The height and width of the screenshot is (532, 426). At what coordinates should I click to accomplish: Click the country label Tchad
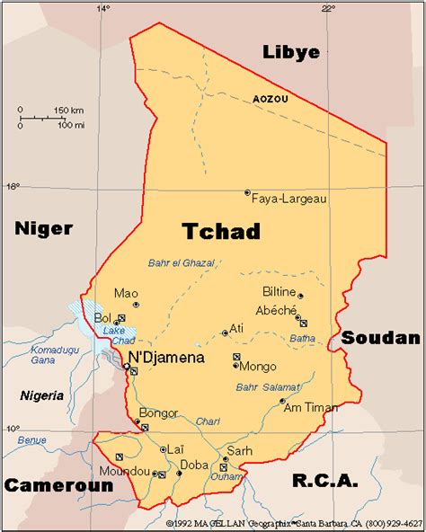click(x=221, y=231)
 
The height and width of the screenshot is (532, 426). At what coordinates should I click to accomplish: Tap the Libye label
click(x=290, y=52)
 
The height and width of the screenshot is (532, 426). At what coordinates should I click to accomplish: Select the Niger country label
click(x=43, y=228)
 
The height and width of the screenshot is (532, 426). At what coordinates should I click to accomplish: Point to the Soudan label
click(x=379, y=338)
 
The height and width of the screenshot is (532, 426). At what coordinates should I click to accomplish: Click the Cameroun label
click(x=58, y=485)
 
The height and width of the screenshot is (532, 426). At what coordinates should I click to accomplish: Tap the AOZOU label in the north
click(x=271, y=99)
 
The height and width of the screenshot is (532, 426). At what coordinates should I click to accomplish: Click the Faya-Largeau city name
click(x=288, y=198)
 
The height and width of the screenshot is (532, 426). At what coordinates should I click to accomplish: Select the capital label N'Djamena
click(x=166, y=358)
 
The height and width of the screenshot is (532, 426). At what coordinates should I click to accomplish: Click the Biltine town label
click(x=278, y=291)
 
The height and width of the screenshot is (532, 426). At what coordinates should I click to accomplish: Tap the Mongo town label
click(x=258, y=367)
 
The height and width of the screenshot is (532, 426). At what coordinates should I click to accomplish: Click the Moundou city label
click(x=125, y=471)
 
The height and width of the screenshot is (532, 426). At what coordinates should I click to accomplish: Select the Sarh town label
click(x=240, y=451)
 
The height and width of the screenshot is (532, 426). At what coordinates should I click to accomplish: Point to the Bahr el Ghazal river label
click(x=182, y=263)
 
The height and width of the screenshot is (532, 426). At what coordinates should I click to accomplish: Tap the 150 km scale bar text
click(x=68, y=110)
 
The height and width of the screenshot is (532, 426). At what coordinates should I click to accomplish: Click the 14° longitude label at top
click(x=103, y=8)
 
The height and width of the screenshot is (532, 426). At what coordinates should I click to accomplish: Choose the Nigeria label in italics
click(x=42, y=395)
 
